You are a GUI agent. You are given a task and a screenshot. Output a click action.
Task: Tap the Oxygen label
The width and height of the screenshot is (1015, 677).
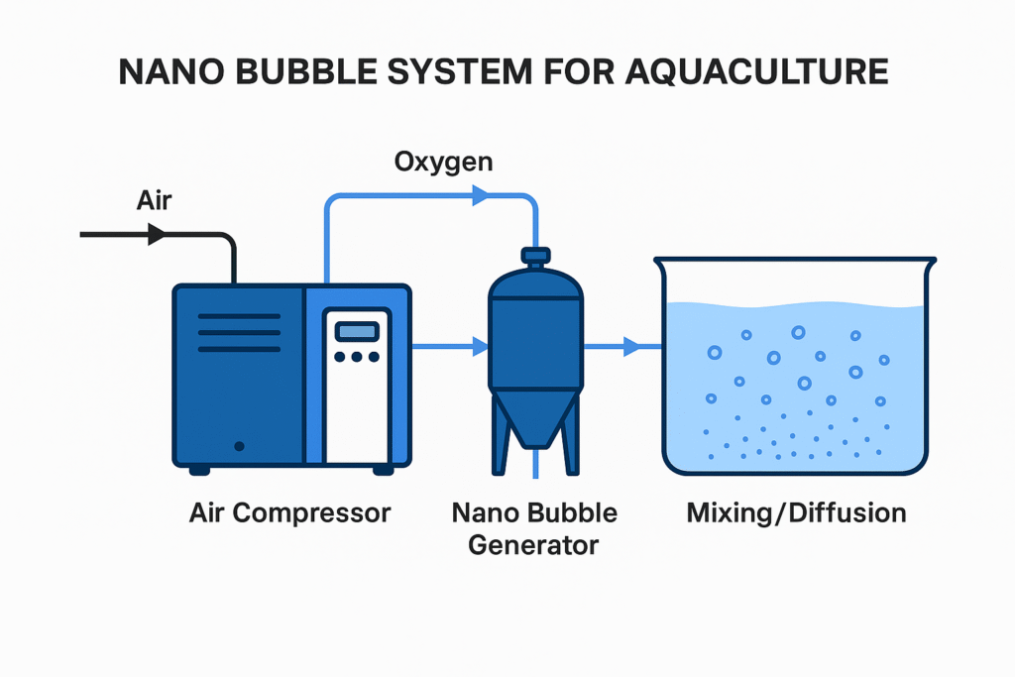[x=443, y=162]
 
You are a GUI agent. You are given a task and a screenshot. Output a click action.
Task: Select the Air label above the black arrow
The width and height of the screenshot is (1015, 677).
[x=154, y=202]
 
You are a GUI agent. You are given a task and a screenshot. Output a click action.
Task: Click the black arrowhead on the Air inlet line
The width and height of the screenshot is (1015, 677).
[x=156, y=235]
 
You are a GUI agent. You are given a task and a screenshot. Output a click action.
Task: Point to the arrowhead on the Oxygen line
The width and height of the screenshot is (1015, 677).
[x=481, y=195]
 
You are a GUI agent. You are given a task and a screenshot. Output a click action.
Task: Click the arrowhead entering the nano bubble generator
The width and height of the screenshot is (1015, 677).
[x=481, y=347]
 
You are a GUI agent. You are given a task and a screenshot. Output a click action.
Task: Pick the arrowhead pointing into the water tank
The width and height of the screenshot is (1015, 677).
[x=631, y=347]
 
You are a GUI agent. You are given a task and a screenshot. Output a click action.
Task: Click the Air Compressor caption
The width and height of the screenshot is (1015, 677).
[x=290, y=513]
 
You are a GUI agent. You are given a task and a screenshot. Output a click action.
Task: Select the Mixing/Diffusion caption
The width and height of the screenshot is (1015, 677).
[x=796, y=513]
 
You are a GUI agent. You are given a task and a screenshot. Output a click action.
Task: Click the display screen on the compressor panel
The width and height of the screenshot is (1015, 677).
[x=357, y=332]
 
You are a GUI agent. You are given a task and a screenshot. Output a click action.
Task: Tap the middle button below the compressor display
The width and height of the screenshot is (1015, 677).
[x=357, y=357]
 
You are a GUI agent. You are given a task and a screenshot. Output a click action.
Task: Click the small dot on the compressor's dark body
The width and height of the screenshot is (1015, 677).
[x=239, y=446]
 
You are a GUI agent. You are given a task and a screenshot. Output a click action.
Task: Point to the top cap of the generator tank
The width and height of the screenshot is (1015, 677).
[x=535, y=257]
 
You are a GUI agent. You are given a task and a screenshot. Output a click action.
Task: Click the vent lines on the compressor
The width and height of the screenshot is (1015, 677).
[x=239, y=332]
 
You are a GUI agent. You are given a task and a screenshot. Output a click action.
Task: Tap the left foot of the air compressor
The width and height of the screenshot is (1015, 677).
[x=199, y=469]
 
